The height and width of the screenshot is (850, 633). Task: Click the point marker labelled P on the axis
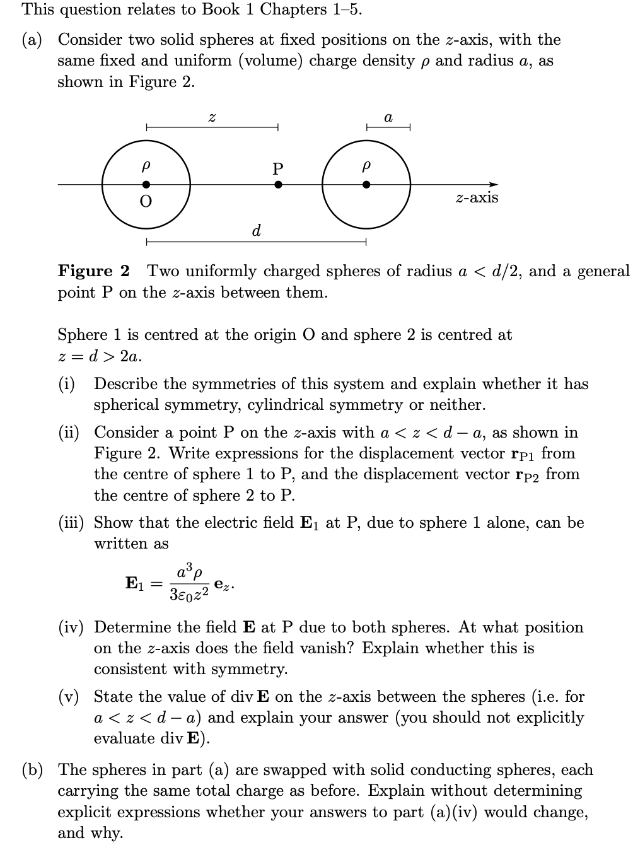pyautogui.click(x=278, y=185)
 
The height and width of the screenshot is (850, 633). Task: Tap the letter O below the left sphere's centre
pyautogui.click(x=146, y=202)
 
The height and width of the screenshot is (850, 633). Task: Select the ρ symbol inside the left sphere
pyautogui.click(x=146, y=167)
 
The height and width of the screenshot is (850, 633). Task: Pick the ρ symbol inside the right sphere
pyautogui.click(x=366, y=167)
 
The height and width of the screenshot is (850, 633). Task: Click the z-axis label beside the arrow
pyautogui.click(x=477, y=198)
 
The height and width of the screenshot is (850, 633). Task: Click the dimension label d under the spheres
pyautogui.click(x=256, y=231)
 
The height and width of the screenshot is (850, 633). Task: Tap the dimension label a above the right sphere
pyautogui.click(x=388, y=118)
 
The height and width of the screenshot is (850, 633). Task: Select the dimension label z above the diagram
pyautogui.click(x=212, y=118)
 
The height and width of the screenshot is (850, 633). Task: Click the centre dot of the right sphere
pyautogui.click(x=366, y=185)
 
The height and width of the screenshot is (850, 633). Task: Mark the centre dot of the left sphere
pyautogui.click(x=146, y=185)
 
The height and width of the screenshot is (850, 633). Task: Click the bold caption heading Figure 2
pyautogui.click(x=93, y=271)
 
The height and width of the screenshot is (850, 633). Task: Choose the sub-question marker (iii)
pyautogui.click(x=69, y=523)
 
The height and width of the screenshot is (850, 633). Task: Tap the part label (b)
pyautogui.click(x=33, y=770)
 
